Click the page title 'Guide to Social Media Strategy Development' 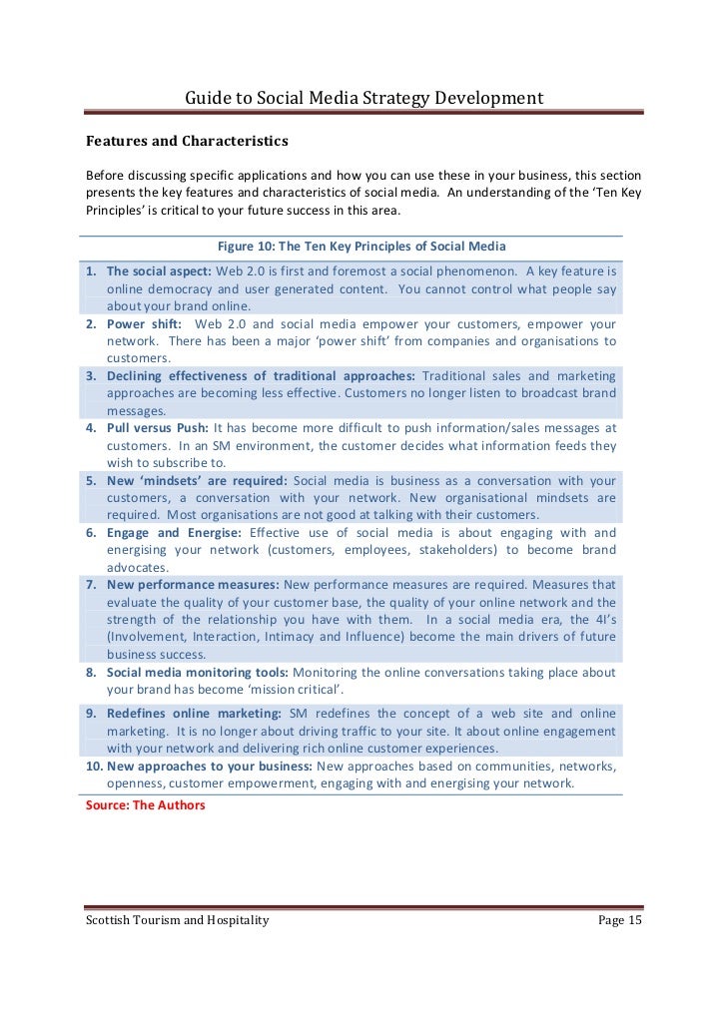point(364,98)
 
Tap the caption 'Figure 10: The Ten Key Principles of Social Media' point(362,246)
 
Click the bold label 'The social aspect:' point(159,271)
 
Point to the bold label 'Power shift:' point(145,324)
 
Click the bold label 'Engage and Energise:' point(175,533)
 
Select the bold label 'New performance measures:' point(194,584)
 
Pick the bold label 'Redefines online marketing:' point(194,714)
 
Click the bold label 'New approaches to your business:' point(210,767)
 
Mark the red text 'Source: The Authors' point(146,803)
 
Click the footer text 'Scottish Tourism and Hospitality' point(177,920)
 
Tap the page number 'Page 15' point(619,920)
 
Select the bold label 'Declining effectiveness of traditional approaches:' point(263,376)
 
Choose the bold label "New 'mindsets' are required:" point(197,480)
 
